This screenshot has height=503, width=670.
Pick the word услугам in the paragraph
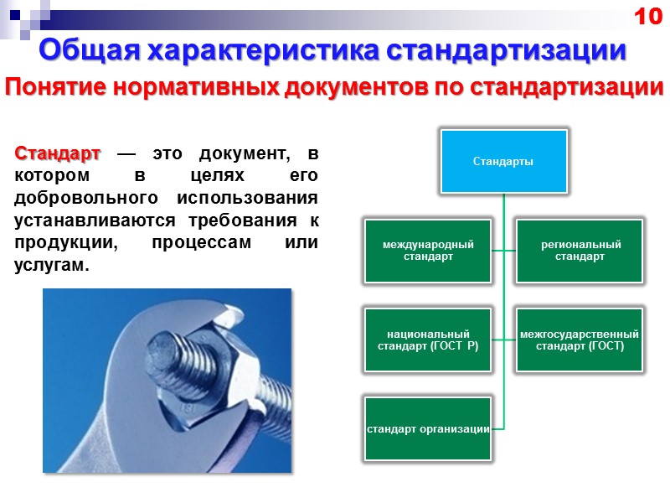(x=50, y=265)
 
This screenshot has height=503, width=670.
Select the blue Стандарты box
(x=503, y=160)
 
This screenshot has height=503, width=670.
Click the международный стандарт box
(x=428, y=250)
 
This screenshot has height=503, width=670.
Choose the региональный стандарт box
(x=580, y=250)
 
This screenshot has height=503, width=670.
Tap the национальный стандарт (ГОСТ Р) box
(x=428, y=340)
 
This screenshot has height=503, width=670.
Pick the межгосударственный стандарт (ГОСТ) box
(x=580, y=340)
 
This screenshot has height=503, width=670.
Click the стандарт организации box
(x=428, y=428)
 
